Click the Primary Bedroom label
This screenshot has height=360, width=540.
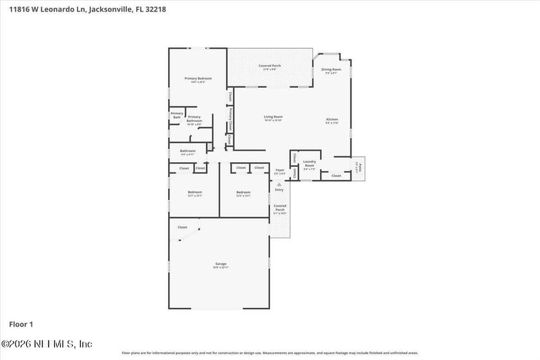pyautogui.click(x=198, y=79)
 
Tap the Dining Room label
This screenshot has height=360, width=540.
pyautogui.click(x=331, y=70)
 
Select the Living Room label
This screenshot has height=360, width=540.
pyautogui.click(x=273, y=117)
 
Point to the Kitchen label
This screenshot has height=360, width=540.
pyautogui.click(x=331, y=120)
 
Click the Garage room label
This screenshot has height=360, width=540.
pyautogui.click(x=221, y=264)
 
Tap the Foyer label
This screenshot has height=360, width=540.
pyautogui.click(x=280, y=170)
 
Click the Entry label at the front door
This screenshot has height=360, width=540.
pyautogui.click(x=279, y=189)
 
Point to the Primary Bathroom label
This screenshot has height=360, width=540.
pyautogui.click(x=194, y=118)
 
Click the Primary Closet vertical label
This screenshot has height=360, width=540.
pyautogui.click(x=231, y=120)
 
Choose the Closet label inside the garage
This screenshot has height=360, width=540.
pyautogui.click(x=182, y=228)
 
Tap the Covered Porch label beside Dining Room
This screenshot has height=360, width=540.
pyautogui.click(x=270, y=66)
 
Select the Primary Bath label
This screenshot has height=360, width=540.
pyautogui.click(x=176, y=115)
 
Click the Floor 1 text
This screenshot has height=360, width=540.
pyautogui.click(x=21, y=324)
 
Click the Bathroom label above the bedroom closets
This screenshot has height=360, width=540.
pyautogui.click(x=188, y=151)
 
